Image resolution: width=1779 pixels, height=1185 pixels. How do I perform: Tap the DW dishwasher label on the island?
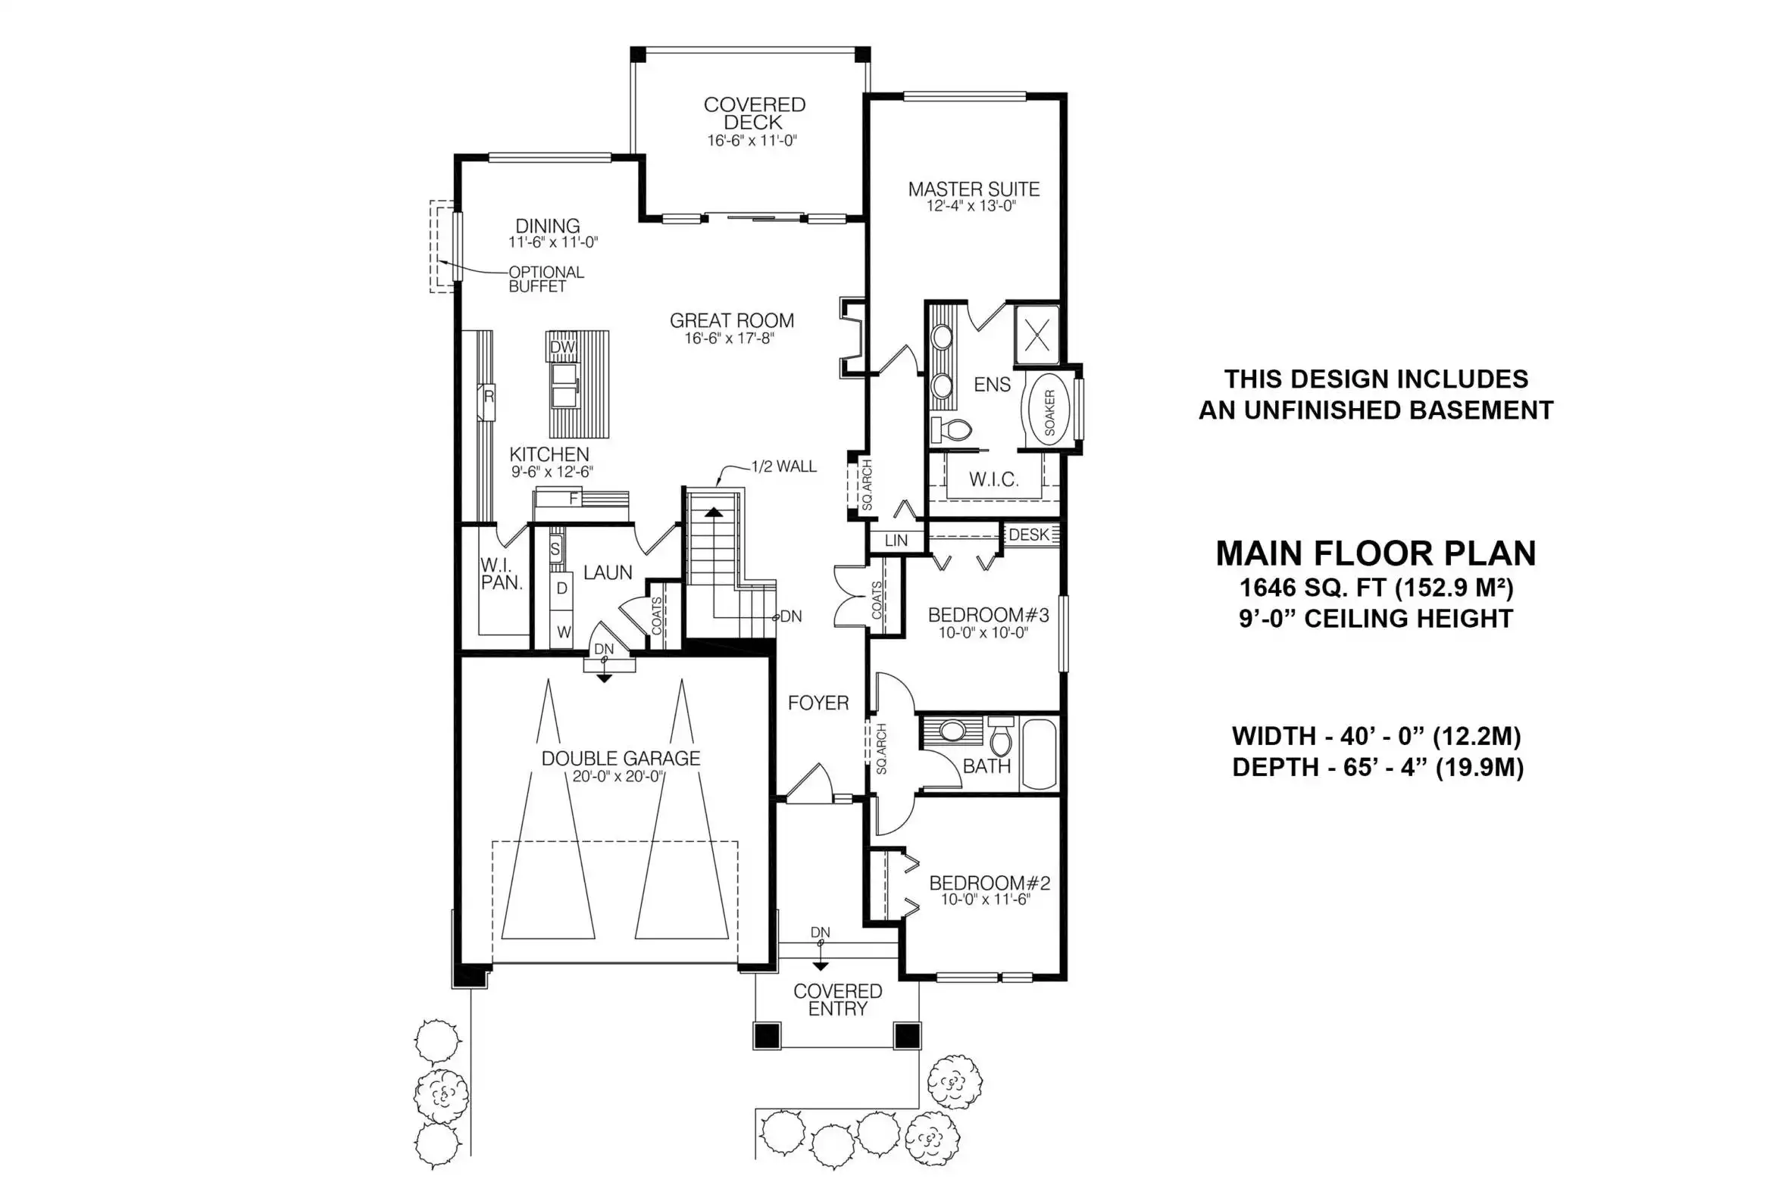pos(562,348)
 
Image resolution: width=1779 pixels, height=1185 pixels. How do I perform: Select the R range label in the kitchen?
pos(489,395)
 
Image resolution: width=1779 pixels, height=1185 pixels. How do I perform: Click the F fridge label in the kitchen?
pos(574,499)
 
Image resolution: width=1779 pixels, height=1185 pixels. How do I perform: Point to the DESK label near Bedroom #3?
pos(1029,535)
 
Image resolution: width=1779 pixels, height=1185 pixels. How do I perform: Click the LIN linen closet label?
pos(896,541)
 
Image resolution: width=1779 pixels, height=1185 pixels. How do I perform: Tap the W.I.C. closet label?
pos(994,479)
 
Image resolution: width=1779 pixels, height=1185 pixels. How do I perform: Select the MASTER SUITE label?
pos(974,189)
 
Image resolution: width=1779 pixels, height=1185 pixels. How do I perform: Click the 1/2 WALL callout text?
pos(784,466)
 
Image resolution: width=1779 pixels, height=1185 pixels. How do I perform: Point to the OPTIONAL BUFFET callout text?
pos(546,279)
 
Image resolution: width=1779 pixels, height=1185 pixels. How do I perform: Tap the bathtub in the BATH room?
pos(1039,755)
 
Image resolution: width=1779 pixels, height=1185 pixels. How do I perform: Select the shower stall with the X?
pos(1037,334)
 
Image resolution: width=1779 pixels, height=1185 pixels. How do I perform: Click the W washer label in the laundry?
pos(564,632)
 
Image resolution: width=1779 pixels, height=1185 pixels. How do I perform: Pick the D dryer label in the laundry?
pos(562,588)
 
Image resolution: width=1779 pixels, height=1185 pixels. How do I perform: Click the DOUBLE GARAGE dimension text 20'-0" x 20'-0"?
pos(618,776)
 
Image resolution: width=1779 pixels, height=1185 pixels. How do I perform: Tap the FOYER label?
pos(818,703)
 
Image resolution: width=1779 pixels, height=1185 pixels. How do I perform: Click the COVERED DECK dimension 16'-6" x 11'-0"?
pos(752,141)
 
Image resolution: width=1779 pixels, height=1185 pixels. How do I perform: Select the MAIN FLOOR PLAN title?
pos(1376,554)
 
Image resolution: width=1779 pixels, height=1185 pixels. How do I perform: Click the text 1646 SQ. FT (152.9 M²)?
pos(1376,588)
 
